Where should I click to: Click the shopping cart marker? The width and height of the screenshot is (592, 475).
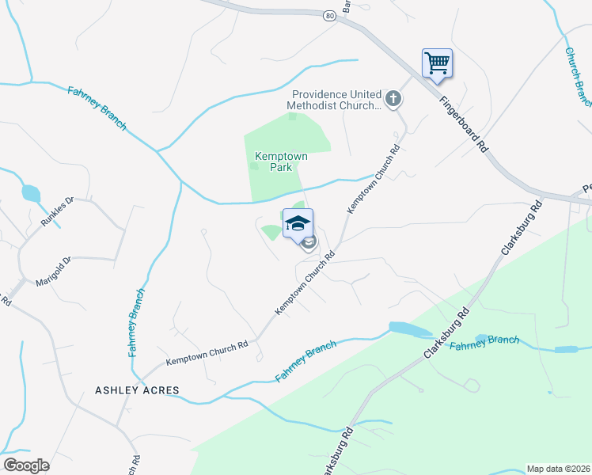pos(437,63)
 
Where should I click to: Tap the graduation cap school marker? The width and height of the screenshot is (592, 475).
pos(298,224)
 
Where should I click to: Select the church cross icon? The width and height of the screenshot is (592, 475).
pos(393,99)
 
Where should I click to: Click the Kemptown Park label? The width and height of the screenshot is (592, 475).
pos(280,161)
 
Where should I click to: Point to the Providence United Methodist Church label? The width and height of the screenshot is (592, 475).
pos(335,99)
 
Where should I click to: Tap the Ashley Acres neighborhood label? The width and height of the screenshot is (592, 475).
pos(137,390)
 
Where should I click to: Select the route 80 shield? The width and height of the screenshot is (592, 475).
pos(329,15)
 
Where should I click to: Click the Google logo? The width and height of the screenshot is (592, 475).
pos(26,465)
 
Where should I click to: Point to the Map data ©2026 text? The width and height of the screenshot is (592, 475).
pos(558,469)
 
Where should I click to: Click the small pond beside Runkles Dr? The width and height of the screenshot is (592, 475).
pos(30,192)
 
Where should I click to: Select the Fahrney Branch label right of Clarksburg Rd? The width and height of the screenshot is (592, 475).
pos(484,344)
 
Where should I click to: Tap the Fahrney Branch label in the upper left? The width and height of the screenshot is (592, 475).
pos(97,108)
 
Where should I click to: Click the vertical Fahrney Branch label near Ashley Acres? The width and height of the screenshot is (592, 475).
pos(136,322)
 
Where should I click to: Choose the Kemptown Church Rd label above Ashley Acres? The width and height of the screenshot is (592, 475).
pos(207,353)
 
